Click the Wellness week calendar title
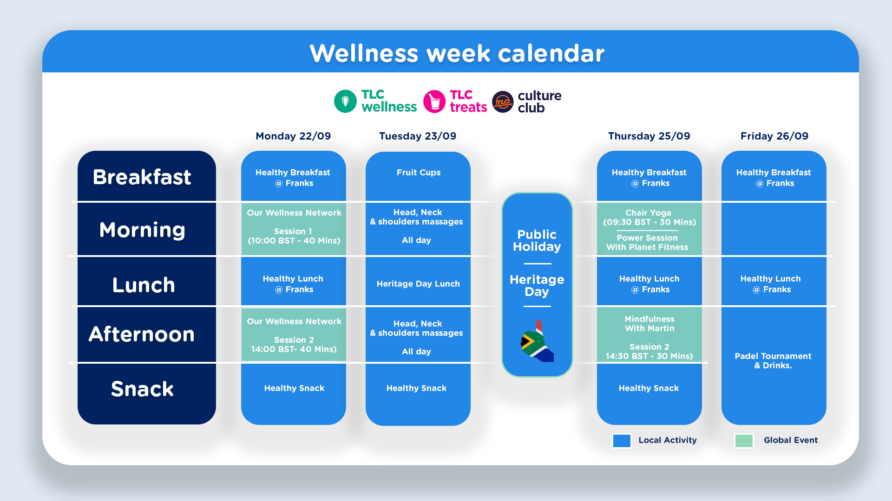coord(457,53)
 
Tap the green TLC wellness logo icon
coord(345,101)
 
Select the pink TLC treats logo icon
coord(434,101)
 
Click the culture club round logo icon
coord(503,102)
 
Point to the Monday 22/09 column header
coord(293,136)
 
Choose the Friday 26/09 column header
coord(774,136)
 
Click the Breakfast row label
coord(142,177)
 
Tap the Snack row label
coord(142,389)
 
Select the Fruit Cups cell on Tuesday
coord(418,173)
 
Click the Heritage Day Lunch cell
coord(418,284)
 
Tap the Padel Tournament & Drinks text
coord(773,360)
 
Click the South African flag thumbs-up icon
coord(537,341)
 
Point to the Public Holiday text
coord(537,240)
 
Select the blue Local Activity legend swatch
coord(622,441)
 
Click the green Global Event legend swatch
coord(744,441)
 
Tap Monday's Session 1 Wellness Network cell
coord(294,229)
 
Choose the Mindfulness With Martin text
coord(649,324)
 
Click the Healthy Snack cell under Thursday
coord(649,388)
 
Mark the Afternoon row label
coord(142,334)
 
